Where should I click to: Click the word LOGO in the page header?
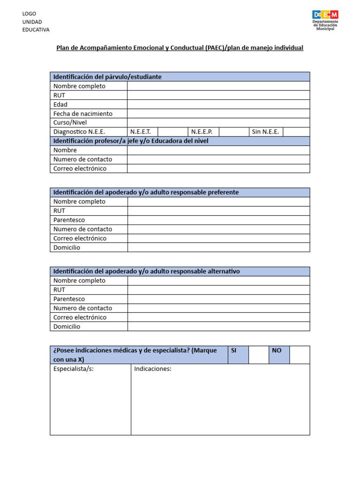tap(29, 14)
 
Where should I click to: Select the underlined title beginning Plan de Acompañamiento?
tap(180, 48)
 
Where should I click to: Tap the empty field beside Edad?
tap(218, 105)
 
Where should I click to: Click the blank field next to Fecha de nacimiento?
tap(218, 113)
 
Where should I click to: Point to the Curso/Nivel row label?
tap(70, 123)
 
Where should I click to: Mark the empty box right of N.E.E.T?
tap(172, 132)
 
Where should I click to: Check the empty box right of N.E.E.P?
tap(233, 132)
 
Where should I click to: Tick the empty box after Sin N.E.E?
tap(296, 132)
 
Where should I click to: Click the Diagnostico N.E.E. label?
tap(79, 132)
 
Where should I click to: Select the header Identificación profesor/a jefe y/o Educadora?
tap(131, 141)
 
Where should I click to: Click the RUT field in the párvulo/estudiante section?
tap(218, 95)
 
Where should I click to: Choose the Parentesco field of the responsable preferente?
tap(218, 220)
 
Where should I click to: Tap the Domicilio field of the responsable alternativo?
tap(218, 327)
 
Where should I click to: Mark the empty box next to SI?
tap(258, 355)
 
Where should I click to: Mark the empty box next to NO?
tap(299, 355)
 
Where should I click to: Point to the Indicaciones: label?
tap(153, 369)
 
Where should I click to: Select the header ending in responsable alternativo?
tap(146, 271)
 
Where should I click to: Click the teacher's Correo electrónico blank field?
tap(218, 168)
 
